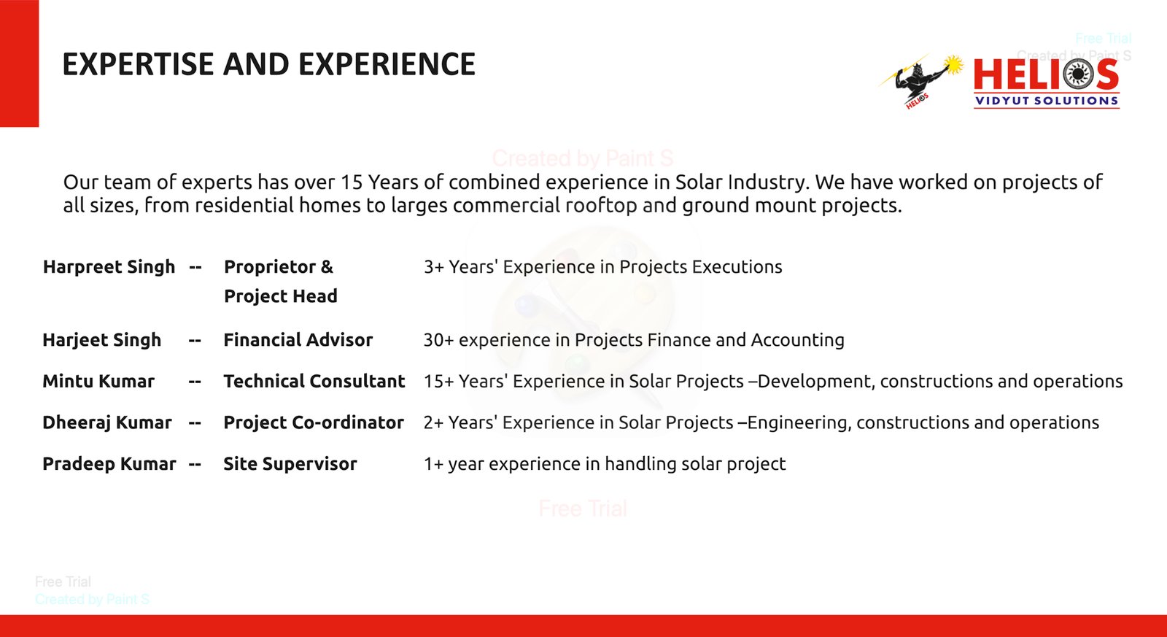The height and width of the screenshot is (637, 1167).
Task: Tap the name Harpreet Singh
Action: (109, 267)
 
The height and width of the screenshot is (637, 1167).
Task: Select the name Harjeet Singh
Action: (102, 340)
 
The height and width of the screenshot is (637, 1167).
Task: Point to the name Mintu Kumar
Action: (98, 381)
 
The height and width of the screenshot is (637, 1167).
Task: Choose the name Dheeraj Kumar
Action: (106, 422)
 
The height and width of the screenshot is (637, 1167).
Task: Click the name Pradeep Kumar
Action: (109, 464)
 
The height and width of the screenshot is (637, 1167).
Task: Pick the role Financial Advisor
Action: (298, 340)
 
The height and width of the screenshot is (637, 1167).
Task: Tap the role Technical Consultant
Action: (314, 381)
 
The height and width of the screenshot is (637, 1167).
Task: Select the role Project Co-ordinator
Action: (314, 422)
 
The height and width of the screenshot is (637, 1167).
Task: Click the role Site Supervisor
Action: (290, 464)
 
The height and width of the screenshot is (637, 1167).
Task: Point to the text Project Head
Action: (281, 296)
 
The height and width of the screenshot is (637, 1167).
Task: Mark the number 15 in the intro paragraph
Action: (352, 182)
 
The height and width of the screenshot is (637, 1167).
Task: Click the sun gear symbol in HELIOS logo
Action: (1078, 74)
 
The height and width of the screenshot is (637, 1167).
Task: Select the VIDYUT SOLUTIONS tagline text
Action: (1047, 101)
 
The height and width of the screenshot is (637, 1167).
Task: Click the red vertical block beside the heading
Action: (19, 63)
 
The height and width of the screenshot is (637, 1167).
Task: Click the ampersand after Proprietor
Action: (327, 267)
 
